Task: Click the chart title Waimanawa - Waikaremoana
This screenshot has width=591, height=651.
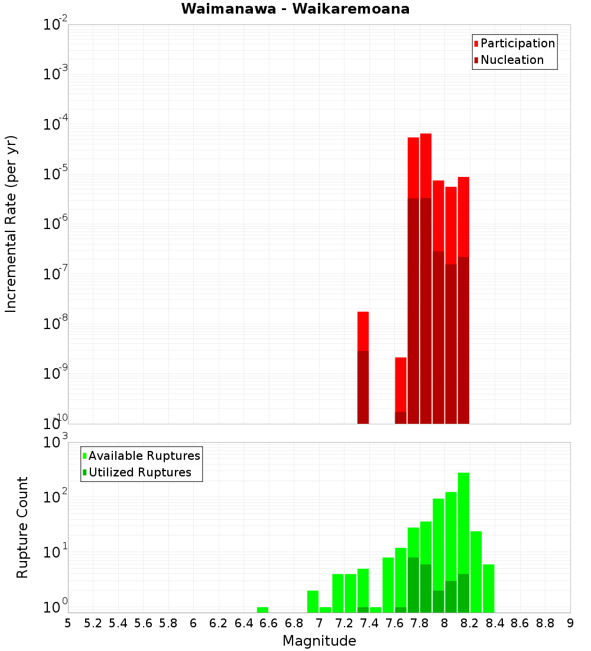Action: coord(295,9)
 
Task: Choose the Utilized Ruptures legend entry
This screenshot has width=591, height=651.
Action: coord(139,472)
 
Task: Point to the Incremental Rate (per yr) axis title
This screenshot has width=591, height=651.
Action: coord(11,224)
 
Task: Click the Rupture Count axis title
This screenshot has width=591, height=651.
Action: coord(22,527)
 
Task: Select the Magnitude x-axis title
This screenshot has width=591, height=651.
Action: coord(319,641)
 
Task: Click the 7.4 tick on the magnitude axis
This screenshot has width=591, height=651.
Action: coord(369,623)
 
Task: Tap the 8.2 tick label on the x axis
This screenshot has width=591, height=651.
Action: coord(470,623)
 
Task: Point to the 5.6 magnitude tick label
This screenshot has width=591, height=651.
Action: coord(144,623)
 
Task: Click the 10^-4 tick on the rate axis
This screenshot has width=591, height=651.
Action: coord(56,124)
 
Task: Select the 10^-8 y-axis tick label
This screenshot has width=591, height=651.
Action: coord(56,324)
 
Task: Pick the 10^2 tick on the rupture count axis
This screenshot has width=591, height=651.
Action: coord(56,498)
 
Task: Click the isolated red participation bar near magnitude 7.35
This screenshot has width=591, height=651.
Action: coord(363,331)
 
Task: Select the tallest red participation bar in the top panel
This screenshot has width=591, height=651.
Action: coord(426,166)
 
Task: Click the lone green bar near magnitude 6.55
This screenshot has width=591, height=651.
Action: coord(262,610)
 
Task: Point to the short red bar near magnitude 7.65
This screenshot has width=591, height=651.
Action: coord(401,385)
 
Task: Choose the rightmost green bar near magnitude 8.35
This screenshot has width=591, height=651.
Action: coord(488,588)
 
